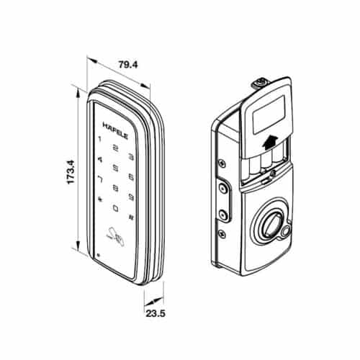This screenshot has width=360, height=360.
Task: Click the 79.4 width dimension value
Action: [x=128, y=65]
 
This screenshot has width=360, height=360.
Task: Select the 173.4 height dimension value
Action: [x=71, y=172]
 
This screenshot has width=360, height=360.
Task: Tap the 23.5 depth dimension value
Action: [x=156, y=313]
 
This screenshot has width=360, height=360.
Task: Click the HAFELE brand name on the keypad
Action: [x=115, y=131]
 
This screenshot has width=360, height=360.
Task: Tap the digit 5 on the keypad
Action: [x=116, y=168]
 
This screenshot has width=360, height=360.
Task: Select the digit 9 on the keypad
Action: [x=131, y=197]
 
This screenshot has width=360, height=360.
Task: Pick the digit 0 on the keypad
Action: [x=116, y=207]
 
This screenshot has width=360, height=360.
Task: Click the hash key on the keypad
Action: [x=131, y=217]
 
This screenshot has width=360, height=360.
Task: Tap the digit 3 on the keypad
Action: [x=131, y=157]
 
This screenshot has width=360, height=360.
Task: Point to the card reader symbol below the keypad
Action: [x=116, y=236]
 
